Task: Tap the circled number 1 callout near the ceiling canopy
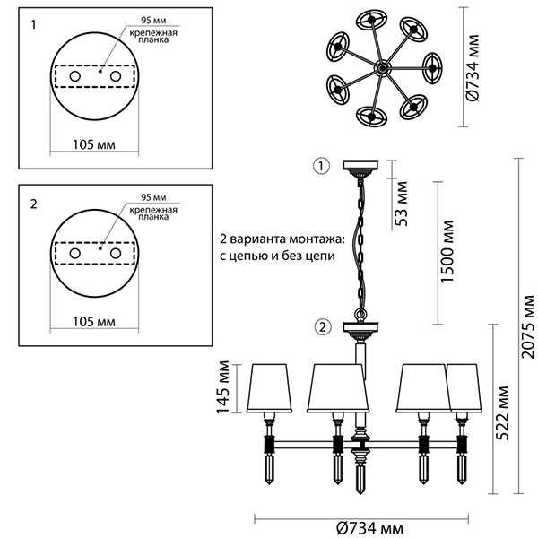(323, 165)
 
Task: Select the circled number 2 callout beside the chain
(323, 326)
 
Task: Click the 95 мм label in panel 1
(152, 20)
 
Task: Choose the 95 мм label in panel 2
(152, 196)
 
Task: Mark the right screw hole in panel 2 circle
(116, 256)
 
